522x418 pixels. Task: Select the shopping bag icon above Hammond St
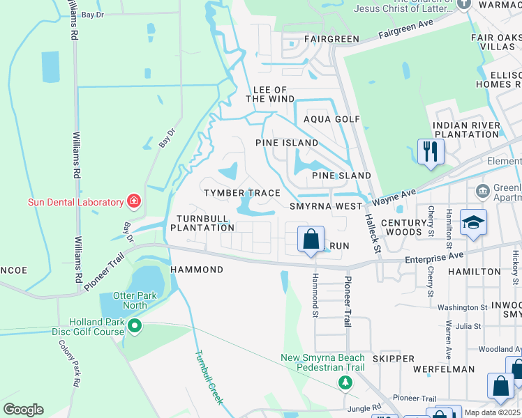click(311, 239)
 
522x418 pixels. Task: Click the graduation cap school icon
click(473, 222)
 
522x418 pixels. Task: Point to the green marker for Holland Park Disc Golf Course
click(135, 326)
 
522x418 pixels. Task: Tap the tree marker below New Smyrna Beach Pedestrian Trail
click(345, 382)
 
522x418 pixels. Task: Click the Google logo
click(23, 410)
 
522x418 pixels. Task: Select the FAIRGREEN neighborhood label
click(311, 39)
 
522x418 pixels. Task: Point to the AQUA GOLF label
click(331, 119)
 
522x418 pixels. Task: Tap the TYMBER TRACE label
click(241, 192)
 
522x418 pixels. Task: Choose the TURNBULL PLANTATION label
click(202, 222)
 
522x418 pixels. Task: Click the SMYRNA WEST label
click(326, 206)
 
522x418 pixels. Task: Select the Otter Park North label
click(124, 300)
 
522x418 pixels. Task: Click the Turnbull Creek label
click(208, 377)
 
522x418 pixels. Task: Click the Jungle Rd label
click(367, 407)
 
